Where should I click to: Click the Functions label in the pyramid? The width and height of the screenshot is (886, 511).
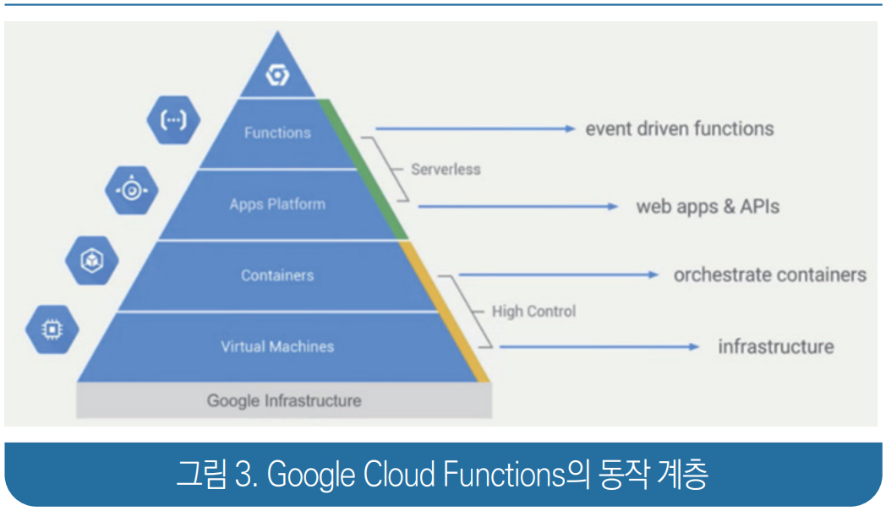(x=277, y=133)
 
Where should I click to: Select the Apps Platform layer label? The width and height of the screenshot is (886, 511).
(x=277, y=204)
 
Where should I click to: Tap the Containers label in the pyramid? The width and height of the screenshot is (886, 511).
(x=277, y=275)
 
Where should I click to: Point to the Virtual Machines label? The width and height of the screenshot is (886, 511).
(x=277, y=346)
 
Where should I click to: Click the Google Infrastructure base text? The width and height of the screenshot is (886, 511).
(x=284, y=400)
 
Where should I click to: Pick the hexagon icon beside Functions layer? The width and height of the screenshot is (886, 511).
(x=173, y=120)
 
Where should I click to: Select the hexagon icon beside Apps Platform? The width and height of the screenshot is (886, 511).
(x=132, y=190)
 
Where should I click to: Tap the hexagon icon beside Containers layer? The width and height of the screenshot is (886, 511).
(x=91, y=260)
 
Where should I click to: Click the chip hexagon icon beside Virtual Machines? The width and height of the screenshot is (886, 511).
(x=52, y=329)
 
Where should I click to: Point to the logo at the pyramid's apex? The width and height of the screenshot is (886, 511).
(x=277, y=76)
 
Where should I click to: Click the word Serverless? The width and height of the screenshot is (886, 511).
(x=446, y=169)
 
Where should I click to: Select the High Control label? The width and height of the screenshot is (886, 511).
(x=533, y=311)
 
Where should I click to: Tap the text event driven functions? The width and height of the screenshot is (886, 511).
(x=680, y=129)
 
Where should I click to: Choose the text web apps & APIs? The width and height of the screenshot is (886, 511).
(x=708, y=206)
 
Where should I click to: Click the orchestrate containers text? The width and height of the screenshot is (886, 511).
(x=769, y=275)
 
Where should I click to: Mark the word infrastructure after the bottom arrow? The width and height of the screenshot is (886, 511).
(x=775, y=346)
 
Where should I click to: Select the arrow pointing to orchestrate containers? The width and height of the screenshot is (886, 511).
(x=558, y=275)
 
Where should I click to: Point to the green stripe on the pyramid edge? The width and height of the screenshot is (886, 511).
(x=364, y=169)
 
